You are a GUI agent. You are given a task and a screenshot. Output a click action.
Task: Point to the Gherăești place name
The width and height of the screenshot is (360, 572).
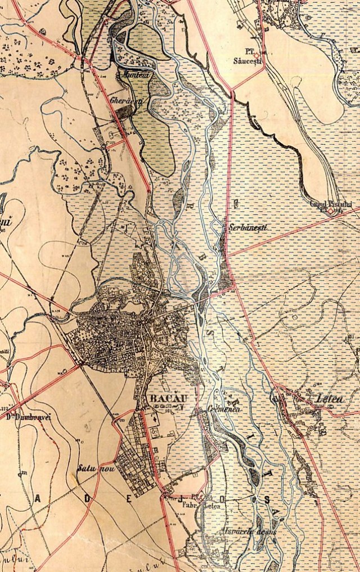click(128, 100)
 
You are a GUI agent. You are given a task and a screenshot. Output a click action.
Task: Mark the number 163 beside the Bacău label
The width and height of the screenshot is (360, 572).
click(168, 411)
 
